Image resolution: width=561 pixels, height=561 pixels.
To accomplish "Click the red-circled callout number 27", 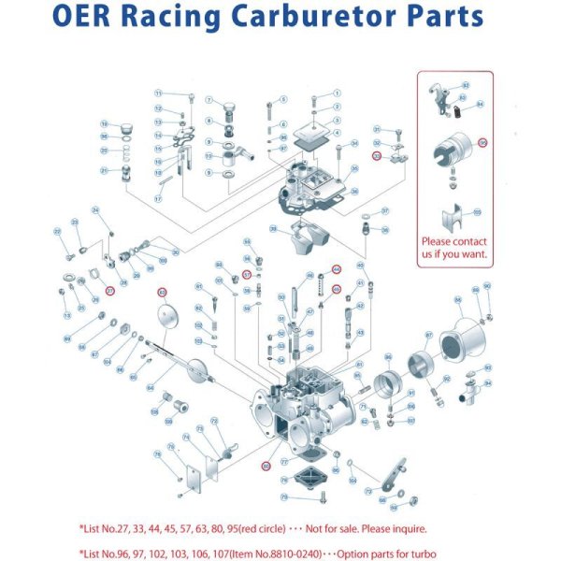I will [x=109, y=291].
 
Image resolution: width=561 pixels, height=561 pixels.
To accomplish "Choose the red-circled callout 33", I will [x=376, y=156].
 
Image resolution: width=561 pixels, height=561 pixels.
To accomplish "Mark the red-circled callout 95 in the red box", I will [x=482, y=143].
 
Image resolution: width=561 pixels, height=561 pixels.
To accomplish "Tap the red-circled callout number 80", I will [x=266, y=465].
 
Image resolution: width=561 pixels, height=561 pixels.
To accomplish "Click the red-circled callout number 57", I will [x=247, y=275].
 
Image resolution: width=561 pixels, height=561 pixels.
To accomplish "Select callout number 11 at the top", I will [x=159, y=93].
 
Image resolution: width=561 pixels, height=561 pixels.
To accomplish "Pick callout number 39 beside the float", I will [x=273, y=229].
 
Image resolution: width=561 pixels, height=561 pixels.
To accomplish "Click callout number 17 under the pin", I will [x=159, y=199].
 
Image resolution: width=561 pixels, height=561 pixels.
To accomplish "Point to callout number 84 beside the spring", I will [x=481, y=105].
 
